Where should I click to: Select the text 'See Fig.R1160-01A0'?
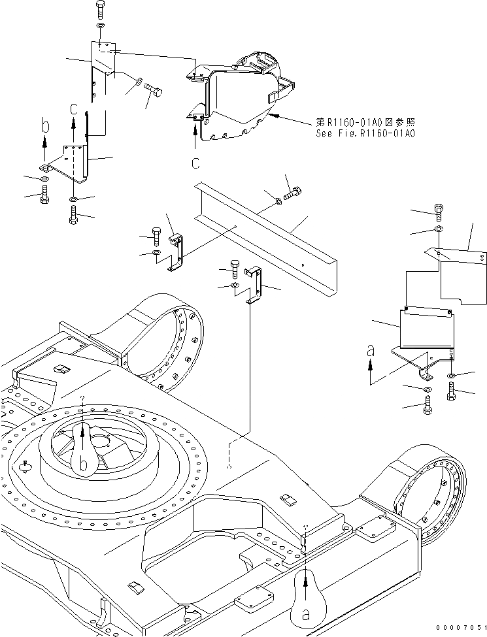coord(365,134)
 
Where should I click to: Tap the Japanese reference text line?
coord(365,122)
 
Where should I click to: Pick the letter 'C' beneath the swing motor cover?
coord(195,162)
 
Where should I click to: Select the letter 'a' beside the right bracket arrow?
coord(371,351)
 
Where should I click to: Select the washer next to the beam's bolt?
coord(279,200)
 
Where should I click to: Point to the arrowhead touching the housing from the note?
coord(274,116)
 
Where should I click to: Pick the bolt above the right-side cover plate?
coord(438,212)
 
